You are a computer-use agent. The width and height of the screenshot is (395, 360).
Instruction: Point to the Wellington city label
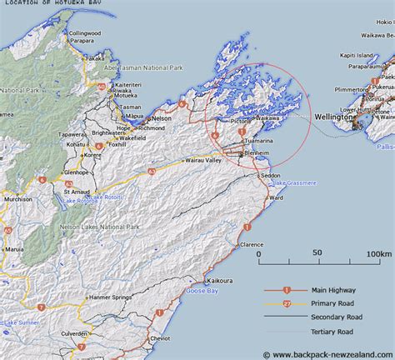[333, 117]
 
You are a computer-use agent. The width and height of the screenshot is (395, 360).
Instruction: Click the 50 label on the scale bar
[317, 253]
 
